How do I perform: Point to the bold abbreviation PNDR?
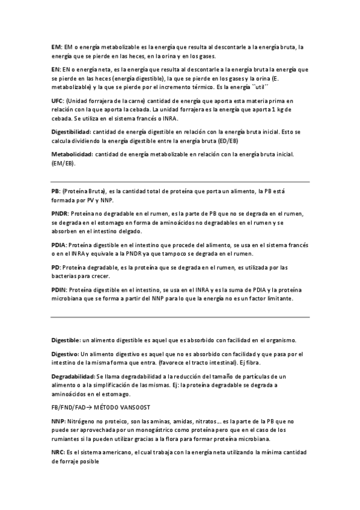click(60, 214)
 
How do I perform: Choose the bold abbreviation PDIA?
click(59, 245)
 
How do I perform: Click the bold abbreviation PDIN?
click(59, 290)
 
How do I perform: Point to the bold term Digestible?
click(66, 340)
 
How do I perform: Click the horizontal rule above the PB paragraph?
click(180, 182)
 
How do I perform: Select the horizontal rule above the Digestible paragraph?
click(180, 317)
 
